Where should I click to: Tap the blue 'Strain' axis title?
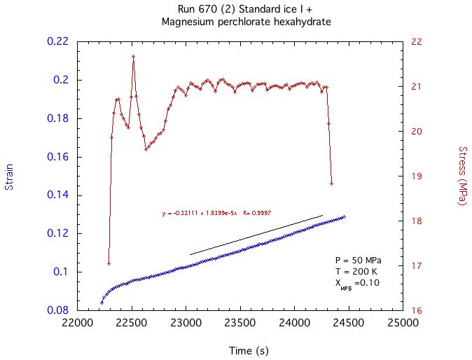(10, 176)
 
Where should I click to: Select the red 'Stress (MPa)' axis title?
(461, 176)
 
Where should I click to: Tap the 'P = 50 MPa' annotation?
(354, 260)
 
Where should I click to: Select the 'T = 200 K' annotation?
(352, 271)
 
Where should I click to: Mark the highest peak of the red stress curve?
(133, 56)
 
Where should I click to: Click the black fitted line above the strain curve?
(256, 235)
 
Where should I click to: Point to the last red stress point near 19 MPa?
(331, 184)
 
